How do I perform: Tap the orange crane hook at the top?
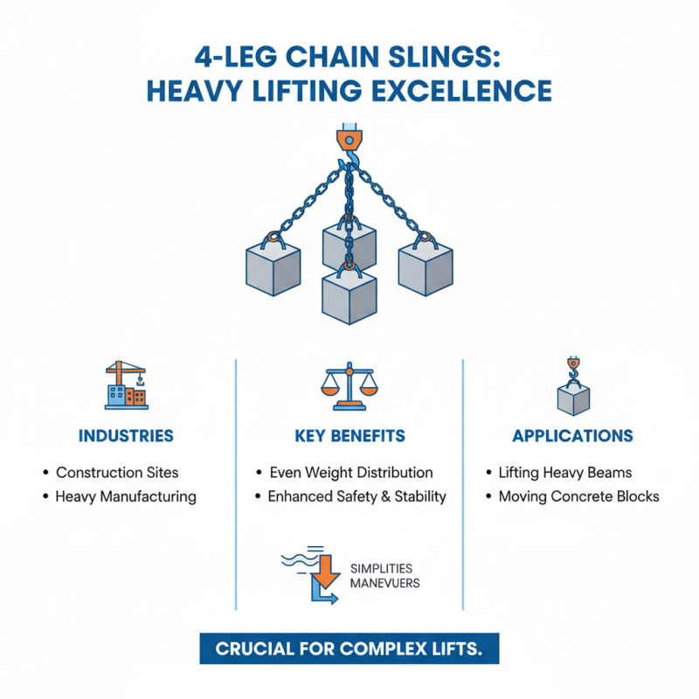tap(349, 140)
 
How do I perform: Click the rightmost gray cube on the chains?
tap(426, 266)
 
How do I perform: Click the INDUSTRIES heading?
tap(126, 436)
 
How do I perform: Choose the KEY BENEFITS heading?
tap(349, 436)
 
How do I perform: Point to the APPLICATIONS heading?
tap(572, 436)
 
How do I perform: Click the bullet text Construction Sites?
tap(117, 473)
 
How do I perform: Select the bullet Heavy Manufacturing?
tap(126, 496)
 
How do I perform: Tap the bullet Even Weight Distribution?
tap(351, 473)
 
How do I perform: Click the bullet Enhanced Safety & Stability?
tap(356, 496)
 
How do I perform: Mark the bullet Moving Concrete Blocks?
tap(578, 496)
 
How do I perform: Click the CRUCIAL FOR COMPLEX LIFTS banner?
tap(349, 650)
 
